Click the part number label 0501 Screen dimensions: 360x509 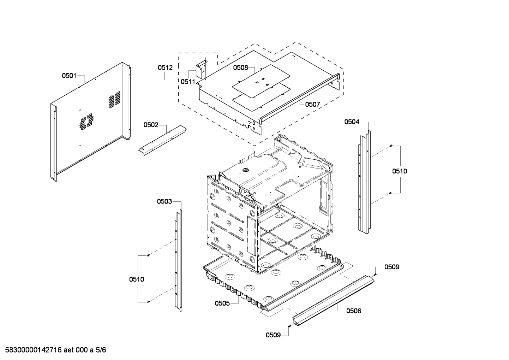point(69,75)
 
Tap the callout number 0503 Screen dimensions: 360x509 point(164,201)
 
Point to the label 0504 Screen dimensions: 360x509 point(352,122)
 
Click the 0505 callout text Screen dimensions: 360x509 point(222,303)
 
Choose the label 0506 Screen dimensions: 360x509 point(354,311)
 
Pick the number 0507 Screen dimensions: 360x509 point(312,104)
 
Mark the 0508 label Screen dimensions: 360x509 point(240,68)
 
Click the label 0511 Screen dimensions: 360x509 point(188,82)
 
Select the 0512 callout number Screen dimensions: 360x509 point(165,67)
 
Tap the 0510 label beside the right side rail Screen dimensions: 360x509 point(400,171)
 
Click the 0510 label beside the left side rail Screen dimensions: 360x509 point(136,279)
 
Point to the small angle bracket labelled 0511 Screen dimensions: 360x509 point(202,69)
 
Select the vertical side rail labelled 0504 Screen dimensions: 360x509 point(364,182)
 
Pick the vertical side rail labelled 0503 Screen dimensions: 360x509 point(178,260)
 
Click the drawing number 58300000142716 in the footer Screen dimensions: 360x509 point(34,350)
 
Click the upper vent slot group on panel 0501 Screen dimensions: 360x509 point(114,99)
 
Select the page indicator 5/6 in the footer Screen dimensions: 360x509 point(101,350)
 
